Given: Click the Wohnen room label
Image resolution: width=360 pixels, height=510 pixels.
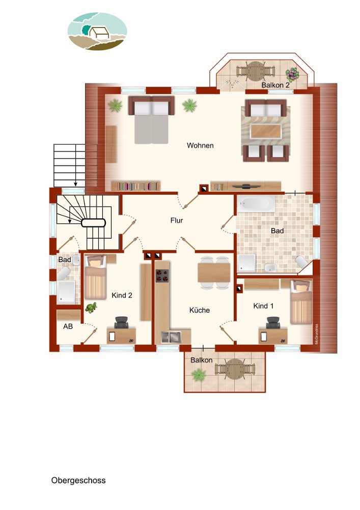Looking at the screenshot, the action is (200, 145).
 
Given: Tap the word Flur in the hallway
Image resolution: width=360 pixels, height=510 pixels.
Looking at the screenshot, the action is (177, 220).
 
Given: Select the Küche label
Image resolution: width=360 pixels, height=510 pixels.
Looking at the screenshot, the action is (199, 310).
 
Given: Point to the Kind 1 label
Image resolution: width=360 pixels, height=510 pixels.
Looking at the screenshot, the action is (263, 305).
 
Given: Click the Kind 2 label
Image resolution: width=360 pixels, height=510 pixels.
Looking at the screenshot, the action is (122, 295).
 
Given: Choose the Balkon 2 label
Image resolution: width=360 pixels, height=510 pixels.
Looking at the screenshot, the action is (275, 85).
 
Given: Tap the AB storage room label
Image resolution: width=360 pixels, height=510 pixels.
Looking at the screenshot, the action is (68, 326).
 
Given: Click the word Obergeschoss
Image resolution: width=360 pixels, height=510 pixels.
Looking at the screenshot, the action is (78, 480).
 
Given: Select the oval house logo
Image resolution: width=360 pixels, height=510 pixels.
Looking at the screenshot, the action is (97, 31).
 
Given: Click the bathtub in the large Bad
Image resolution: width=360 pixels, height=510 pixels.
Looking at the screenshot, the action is (256, 203).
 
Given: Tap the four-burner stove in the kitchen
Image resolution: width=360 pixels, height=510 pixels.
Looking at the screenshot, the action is (162, 276).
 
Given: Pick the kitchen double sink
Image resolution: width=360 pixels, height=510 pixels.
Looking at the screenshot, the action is (171, 337).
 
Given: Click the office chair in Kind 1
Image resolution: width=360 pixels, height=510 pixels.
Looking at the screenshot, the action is (273, 322).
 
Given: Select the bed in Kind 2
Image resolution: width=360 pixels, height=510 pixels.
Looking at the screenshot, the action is (95, 277).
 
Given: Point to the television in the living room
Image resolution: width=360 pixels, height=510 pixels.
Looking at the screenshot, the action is (246, 186).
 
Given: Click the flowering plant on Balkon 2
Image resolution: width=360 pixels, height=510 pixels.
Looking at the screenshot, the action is (292, 74).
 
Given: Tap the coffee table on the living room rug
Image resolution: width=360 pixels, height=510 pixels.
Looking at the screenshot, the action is (266, 131).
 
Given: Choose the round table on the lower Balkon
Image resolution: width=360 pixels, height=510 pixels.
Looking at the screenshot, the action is (235, 369).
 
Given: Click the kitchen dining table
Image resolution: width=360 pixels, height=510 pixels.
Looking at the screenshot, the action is (214, 272).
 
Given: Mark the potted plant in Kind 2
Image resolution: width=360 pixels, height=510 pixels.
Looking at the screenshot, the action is (91, 308).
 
